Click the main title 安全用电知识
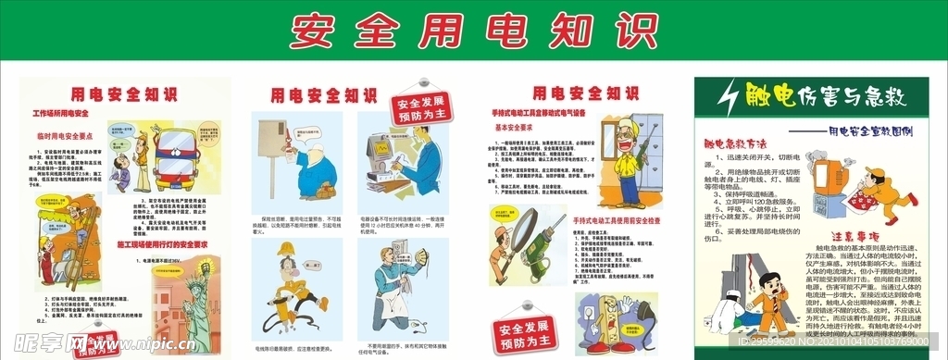coord(474,31)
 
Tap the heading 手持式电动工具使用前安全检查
coord(630,220)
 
